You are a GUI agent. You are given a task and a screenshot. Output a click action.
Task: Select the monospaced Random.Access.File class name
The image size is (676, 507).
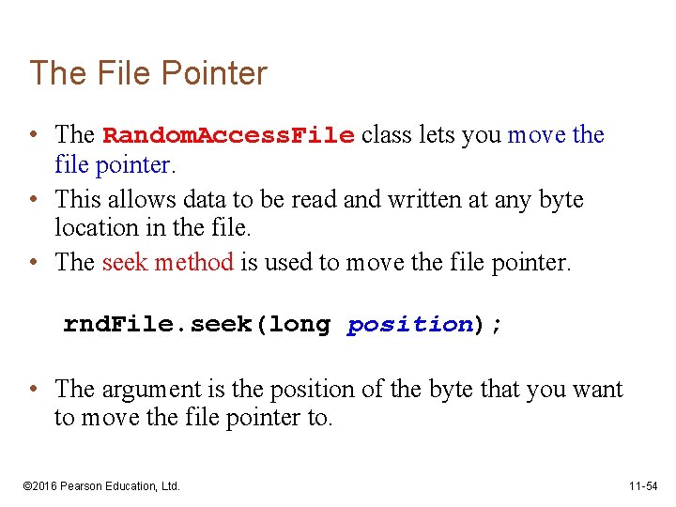228,135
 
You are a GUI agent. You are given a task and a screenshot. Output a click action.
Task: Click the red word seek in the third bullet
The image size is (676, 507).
124,262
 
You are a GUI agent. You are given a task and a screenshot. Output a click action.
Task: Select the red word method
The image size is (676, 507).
192,262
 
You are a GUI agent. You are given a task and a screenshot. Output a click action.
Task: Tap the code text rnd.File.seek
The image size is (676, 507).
163,325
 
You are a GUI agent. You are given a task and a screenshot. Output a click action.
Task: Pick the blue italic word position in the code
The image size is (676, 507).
409,325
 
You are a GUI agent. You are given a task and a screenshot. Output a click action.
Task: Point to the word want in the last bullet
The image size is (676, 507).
595,389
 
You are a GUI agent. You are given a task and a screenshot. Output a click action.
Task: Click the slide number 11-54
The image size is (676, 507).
644,485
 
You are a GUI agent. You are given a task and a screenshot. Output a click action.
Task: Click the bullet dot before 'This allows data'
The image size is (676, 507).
33,200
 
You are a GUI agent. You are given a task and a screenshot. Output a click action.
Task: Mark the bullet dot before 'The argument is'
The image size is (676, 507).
33,389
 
